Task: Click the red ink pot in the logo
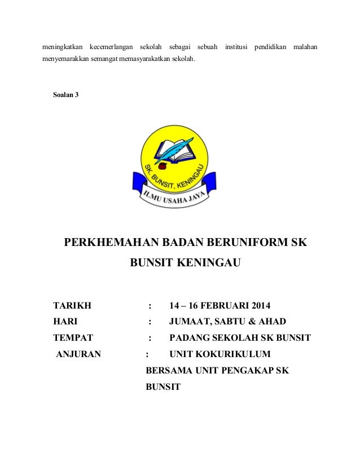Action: point(163,166)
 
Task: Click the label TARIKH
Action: point(72,306)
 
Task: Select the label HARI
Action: point(65,322)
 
